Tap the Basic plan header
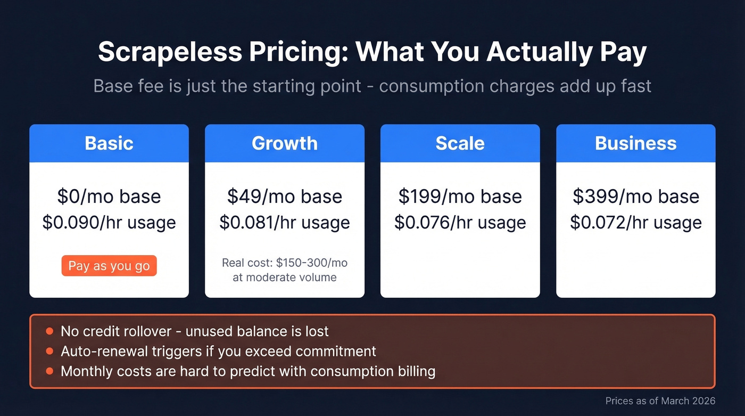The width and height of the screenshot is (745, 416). pyautogui.click(x=109, y=143)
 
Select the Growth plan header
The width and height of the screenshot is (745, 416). pyautogui.click(x=285, y=143)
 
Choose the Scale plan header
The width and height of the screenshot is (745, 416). pyautogui.click(x=460, y=143)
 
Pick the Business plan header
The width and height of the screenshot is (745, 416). pyautogui.click(x=635, y=143)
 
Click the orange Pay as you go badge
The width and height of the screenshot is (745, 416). pyautogui.click(x=109, y=266)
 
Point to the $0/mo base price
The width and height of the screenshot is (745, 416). pyautogui.click(x=109, y=196)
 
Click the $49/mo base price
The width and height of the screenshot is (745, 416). pyautogui.click(x=285, y=196)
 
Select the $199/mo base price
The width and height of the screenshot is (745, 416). pyautogui.click(x=460, y=196)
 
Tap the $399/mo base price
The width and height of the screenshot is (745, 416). pyautogui.click(x=635, y=196)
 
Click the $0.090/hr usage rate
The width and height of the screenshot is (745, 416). pyautogui.click(x=109, y=222)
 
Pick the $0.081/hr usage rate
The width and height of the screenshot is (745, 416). pyautogui.click(x=285, y=222)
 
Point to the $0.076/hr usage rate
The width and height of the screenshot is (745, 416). pyautogui.click(x=460, y=222)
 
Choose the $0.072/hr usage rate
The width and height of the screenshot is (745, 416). pyautogui.click(x=635, y=222)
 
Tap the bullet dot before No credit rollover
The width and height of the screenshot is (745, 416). pyautogui.click(x=49, y=331)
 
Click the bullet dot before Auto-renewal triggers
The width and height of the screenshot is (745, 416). pyautogui.click(x=49, y=351)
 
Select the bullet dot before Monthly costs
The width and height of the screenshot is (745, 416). pyautogui.click(x=49, y=371)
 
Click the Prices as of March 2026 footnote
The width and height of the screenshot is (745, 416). pyautogui.click(x=660, y=401)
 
